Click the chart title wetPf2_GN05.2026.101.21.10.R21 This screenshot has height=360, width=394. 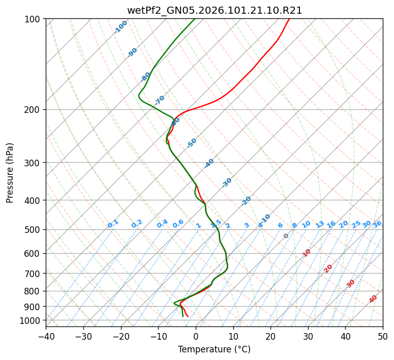point(214,11)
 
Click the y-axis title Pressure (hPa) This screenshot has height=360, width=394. point(10,172)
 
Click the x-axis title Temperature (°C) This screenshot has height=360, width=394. point(214,350)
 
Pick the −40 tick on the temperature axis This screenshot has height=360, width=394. point(46,336)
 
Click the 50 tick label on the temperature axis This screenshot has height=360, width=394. point(383,336)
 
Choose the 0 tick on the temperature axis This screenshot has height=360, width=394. point(196,336)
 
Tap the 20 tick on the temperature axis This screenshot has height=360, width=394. point(270,336)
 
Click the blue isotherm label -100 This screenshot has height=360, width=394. point(120,26)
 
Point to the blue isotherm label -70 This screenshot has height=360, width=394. point(160,100)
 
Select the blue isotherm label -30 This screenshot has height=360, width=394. point(227,182)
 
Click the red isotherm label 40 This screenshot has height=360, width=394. point(373,299)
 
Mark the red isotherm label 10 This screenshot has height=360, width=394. point(306,253)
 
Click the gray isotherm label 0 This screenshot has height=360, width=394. point(286,236)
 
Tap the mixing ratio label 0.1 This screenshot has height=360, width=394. point(113,223)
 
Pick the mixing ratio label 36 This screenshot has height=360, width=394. point(377,224)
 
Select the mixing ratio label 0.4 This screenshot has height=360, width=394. point(162,224)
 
